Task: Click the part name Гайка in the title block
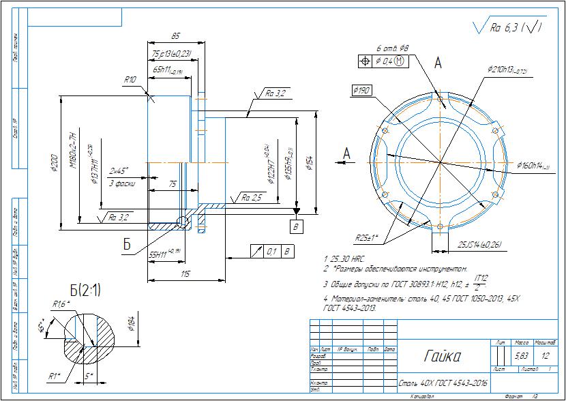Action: [443, 356]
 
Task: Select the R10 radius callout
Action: [130, 80]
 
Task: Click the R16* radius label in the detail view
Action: [62, 304]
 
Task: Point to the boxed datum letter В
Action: [296, 224]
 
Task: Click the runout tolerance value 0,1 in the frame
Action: [271, 252]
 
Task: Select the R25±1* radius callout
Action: [368, 238]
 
